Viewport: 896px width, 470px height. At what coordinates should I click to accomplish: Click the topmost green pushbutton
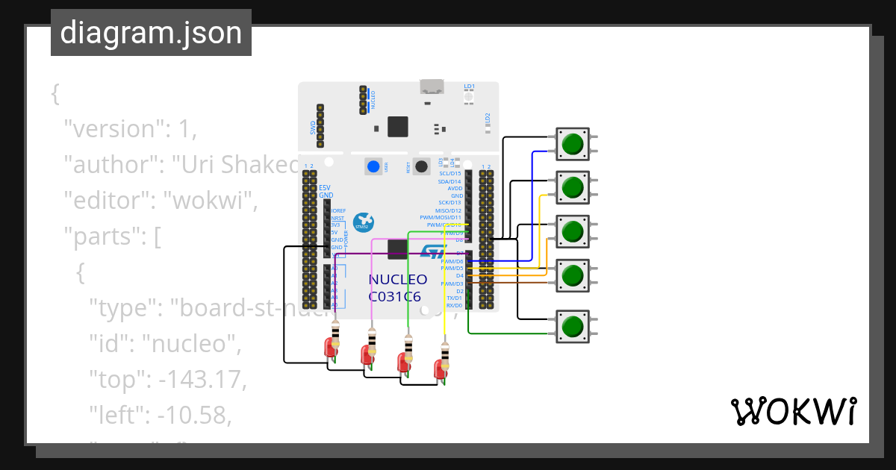[573, 144]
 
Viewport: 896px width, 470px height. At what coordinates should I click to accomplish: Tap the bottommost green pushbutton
[573, 327]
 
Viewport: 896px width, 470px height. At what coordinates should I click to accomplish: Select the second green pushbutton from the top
[573, 187]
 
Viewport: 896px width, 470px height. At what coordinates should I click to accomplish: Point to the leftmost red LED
[329, 347]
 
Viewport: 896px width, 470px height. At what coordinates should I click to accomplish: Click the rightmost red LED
[439, 368]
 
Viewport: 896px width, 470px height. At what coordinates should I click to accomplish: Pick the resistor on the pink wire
[372, 337]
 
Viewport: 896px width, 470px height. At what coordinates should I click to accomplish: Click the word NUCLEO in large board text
[398, 280]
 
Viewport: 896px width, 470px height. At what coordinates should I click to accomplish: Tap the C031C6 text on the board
[394, 296]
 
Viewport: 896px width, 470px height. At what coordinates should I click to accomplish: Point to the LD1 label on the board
[469, 87]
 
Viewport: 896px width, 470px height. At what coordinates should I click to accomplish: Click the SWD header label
[313, 128]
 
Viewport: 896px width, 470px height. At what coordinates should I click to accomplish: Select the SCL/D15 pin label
[450, 173]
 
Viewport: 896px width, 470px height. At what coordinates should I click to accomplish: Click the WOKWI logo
[792, 411]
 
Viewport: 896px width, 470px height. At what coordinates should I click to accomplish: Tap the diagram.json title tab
[151, 33]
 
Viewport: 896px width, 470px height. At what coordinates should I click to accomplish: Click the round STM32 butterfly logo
[363, 221]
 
